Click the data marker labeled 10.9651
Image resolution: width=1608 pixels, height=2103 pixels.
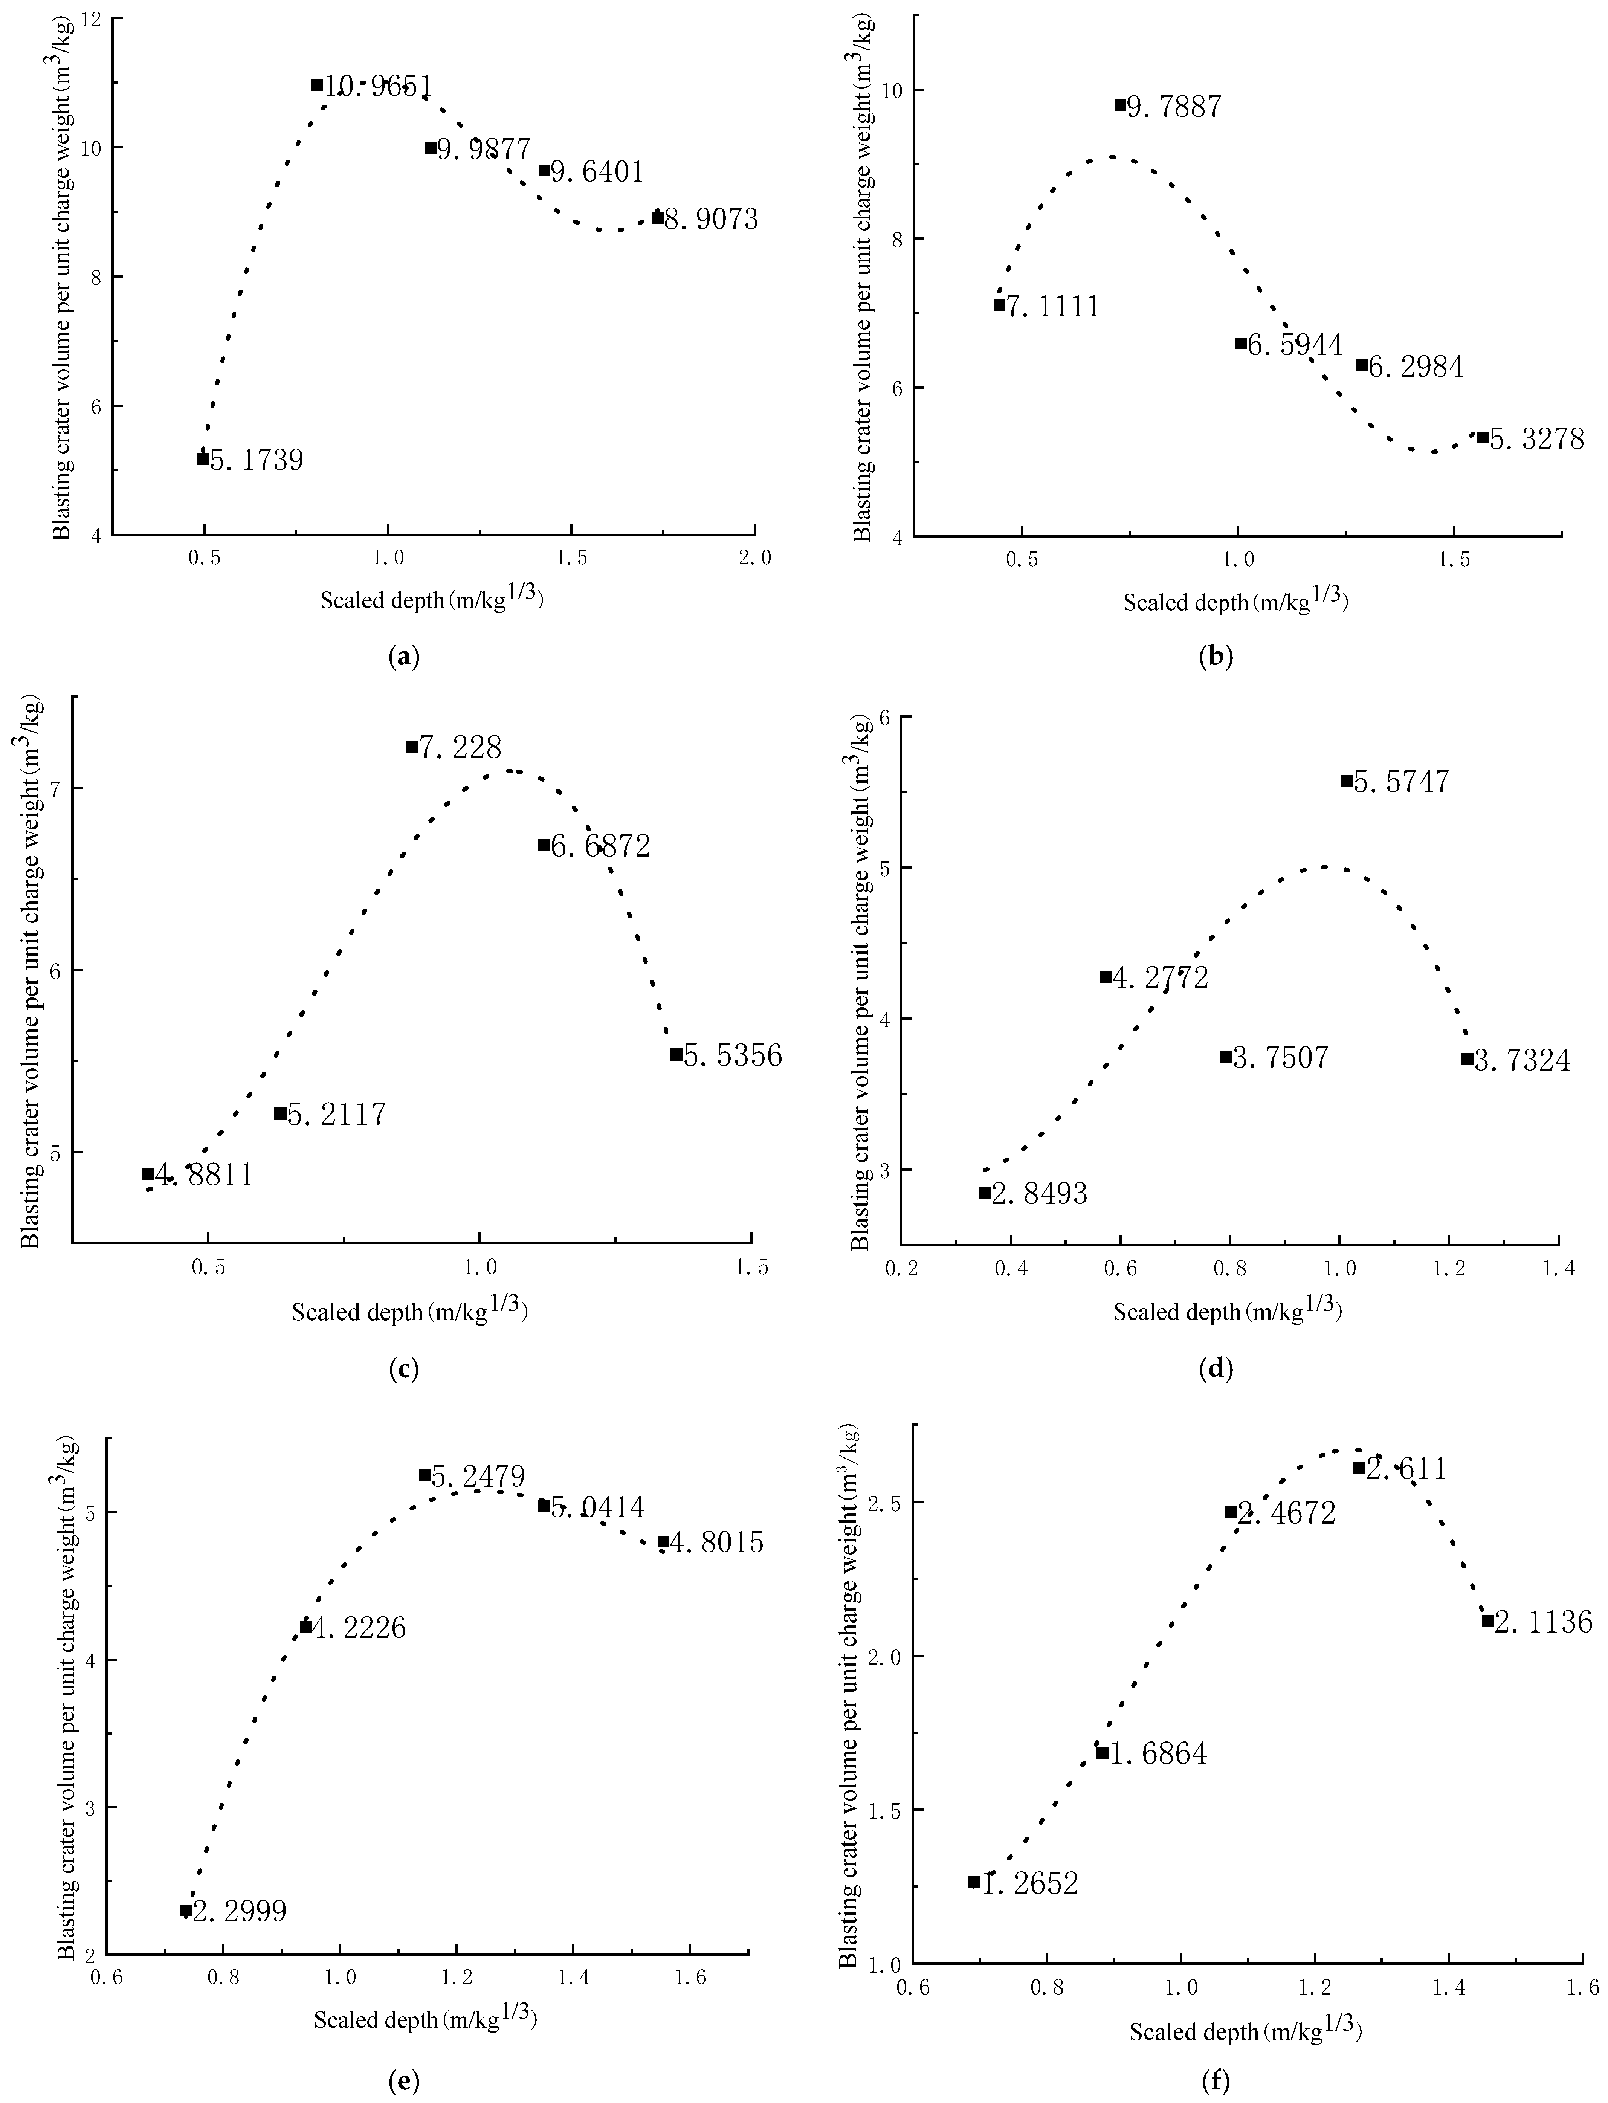point(317,84)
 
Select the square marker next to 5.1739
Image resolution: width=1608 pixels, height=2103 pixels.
point(203,458)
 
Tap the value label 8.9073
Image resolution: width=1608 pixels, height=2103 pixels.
point(711,219)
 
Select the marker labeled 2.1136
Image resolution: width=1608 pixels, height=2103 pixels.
point(1487,1674)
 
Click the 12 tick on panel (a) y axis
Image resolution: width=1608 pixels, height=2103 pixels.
point(95,19)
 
